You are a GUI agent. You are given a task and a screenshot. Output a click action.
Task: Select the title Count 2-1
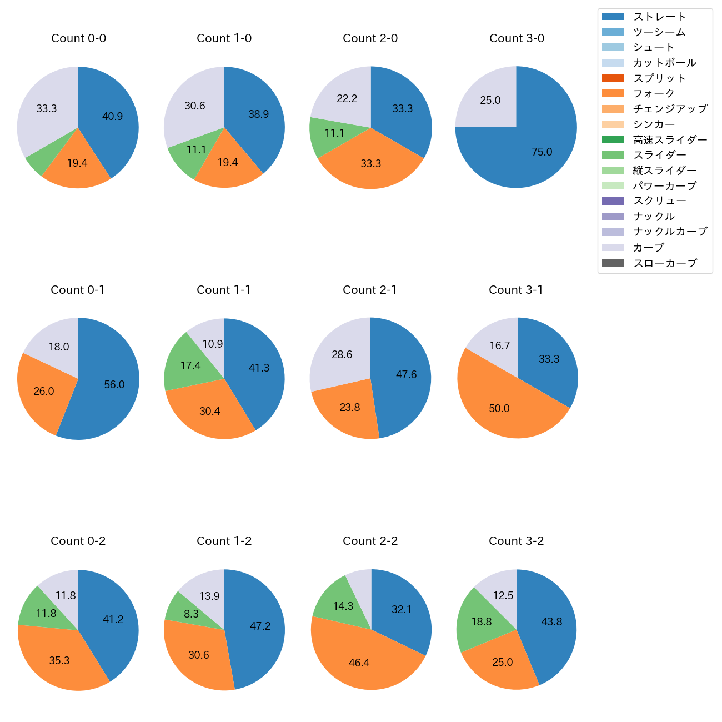pos(370,290)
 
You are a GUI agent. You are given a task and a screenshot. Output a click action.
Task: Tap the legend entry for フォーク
pos(654,93)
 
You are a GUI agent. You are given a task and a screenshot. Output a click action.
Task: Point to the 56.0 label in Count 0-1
pos(114,384)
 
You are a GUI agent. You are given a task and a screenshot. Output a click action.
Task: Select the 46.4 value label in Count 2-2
pos(359,663)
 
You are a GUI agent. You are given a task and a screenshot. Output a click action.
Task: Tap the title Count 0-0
pos(78,38)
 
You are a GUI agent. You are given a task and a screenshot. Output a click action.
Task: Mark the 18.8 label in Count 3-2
pos(482,621)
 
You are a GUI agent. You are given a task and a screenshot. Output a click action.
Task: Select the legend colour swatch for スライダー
pos(613,155)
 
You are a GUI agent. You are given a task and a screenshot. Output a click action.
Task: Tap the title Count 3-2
pos(516,541)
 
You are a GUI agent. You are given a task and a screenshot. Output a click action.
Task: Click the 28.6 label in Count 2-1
pos(342,354)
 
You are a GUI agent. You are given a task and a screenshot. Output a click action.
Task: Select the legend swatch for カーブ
pos(613,247)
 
